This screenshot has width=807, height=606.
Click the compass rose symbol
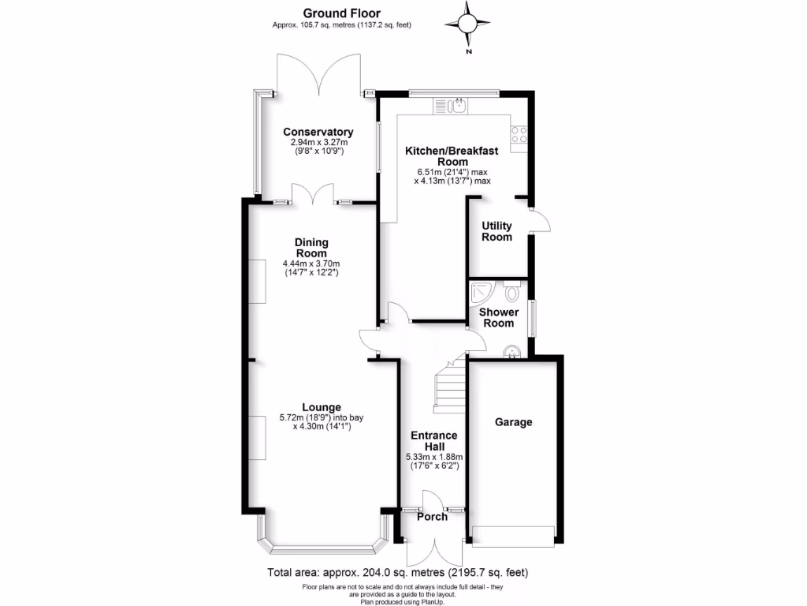click(x=468, y=24)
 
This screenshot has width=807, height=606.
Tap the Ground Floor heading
click(x=342, y=13)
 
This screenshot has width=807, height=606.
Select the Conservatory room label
click(x=318, y=132)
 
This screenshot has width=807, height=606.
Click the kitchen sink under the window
click(x=456, y=104)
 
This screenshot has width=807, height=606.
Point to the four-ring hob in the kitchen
click(x=519, y=134)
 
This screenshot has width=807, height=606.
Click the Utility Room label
click(x=497, y=231)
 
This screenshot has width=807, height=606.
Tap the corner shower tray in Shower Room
click(x=480, y=294)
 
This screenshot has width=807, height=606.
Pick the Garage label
click(x=513, y=422)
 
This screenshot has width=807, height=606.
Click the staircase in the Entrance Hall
click(x=450, y=387)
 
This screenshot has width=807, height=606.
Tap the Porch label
click(x=431, y=517)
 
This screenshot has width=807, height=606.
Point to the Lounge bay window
click(x=323, y=544)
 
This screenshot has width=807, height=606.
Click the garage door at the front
click(x=512, y=536)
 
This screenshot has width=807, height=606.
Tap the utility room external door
click(x=539, y=222)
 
